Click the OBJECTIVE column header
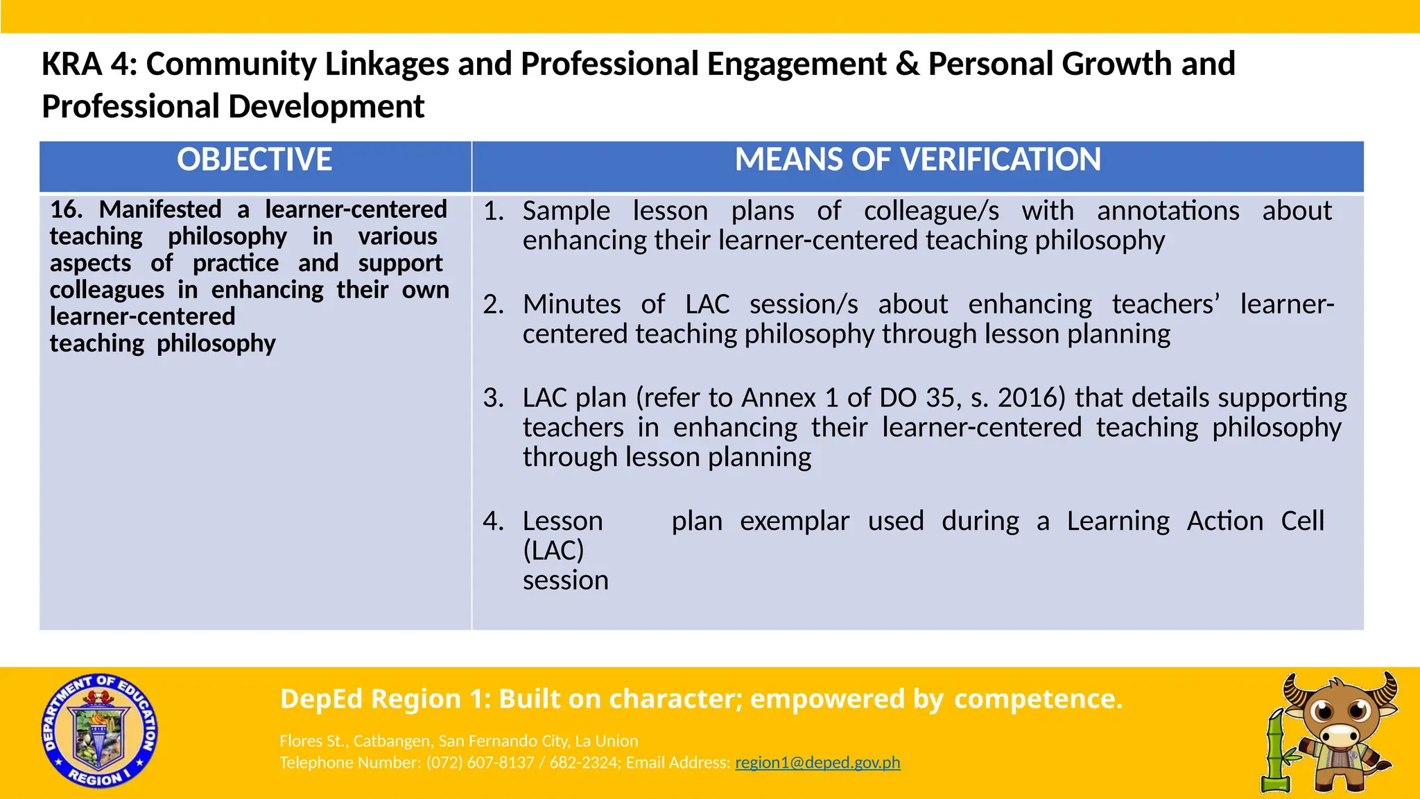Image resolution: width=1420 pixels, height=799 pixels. tap(254, 160)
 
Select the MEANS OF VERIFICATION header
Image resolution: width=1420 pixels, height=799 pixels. tap(917, 160)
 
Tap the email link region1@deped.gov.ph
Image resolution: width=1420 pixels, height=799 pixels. tap(817, 763)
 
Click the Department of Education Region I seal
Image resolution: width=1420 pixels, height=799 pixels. tap(99, 730)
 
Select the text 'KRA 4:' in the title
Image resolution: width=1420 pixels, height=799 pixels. tap(89, 65)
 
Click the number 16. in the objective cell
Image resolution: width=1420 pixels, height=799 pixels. tap(66, 209)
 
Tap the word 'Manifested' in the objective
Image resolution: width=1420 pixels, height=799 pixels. tap(160, 209)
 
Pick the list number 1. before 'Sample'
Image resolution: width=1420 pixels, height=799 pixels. tap(494, 211)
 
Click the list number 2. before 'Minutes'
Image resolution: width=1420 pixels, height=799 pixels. tap(494, 304)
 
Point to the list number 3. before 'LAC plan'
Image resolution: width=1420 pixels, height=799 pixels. tap(494, 398)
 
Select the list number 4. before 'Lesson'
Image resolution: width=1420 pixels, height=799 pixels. tap(494, 521)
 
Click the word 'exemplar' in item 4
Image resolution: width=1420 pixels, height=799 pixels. tap(795, 521)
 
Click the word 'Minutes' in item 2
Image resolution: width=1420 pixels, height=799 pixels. tap(571, 304)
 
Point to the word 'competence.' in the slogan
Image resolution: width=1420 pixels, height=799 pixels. tap(1038, 699)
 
